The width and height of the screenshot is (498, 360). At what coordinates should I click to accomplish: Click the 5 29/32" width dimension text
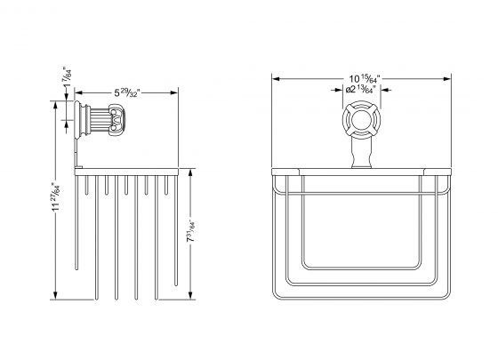pos(127,92)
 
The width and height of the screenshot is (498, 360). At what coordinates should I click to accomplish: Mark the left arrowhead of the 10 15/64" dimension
pos(275,78)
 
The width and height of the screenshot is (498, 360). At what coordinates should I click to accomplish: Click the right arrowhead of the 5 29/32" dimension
pos(176,92)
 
